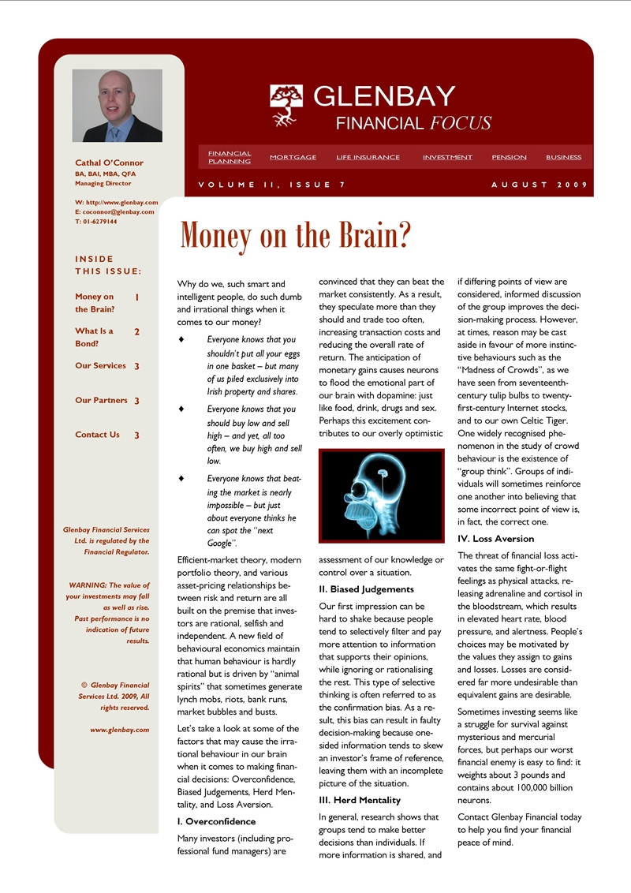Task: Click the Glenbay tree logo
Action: click(x=286, y=106)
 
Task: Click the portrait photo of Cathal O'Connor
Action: click(x=117, y=105)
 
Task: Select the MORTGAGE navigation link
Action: click(x=293, y=157)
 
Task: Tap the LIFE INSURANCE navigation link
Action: click(x=368, y=157)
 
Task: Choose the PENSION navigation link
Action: click(x=509, y=157)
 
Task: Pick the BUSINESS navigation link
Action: click(x=563, y=157)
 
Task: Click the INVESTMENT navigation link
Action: click(x=447, y=157)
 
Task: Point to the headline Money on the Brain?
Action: click(x=296, y=234)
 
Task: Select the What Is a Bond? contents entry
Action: click(x=94, y=338)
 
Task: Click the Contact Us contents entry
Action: click(x=97, y=435)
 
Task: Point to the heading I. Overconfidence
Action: click(x=216, y=821)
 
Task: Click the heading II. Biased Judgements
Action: click(x=366, y=589)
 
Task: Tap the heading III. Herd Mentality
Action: click(x=360, y=800)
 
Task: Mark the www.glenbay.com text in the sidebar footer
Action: click(x=120, y=730)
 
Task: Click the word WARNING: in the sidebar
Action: click(x=87, y=585)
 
